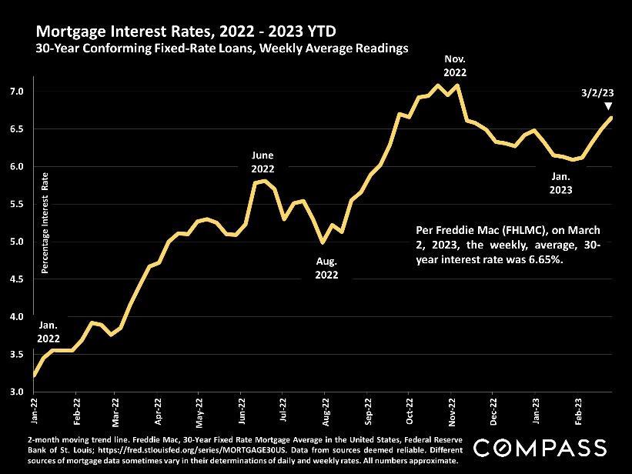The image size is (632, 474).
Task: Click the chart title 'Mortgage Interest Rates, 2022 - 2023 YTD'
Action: pos(186,32)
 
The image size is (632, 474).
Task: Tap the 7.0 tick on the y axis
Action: pos(16,92)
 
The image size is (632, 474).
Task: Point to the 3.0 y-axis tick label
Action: pos(16,392)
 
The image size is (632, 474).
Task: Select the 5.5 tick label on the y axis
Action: pos(16,204)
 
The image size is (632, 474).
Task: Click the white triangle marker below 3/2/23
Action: pos(609,107)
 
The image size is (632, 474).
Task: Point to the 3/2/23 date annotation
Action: pos(597,92)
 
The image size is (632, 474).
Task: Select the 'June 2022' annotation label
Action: pos(263,162)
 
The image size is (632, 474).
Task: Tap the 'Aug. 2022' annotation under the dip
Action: pos(326,267)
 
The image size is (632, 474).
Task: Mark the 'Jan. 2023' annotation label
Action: pos(561,181)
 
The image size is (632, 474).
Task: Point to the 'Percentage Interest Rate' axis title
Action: pos(45,228)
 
